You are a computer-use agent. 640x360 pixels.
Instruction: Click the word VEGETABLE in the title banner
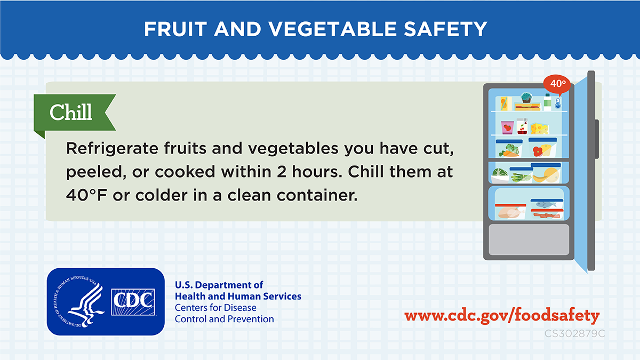[332, 29]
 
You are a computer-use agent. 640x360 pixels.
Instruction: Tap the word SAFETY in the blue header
[445, 29]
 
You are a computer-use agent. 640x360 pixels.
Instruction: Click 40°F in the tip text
[86, 195]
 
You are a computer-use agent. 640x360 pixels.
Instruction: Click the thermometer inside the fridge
[558, 103]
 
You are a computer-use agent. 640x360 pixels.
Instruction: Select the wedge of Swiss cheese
[540, 129]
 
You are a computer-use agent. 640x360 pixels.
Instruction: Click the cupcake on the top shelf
[526, 98]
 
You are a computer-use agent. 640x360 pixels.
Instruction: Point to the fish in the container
[546, 204]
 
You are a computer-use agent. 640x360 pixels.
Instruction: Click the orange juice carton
[506, 103]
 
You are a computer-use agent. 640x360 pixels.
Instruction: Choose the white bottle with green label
[547, 102]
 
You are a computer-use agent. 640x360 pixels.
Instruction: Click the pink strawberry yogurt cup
[507, 127]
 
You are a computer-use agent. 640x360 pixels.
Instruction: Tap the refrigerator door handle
[597, 139]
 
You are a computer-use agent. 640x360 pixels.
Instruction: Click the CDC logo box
[133, 302]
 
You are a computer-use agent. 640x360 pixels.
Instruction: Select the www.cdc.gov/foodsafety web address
[502, 315]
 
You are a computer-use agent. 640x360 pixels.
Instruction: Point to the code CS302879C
[574, 333]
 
